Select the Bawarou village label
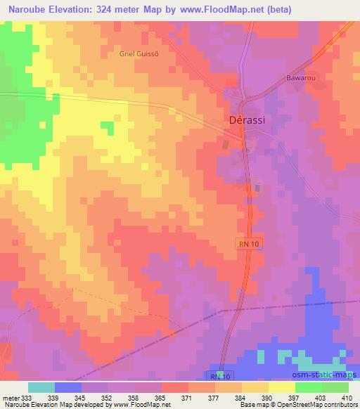[299, 78]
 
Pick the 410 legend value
[347, 397]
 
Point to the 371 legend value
[187, 397]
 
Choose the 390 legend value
[267, 397]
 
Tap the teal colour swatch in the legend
[41, 387]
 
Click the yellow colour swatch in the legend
[282, 387]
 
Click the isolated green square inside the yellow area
[107, 127]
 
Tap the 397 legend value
[294, 397]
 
